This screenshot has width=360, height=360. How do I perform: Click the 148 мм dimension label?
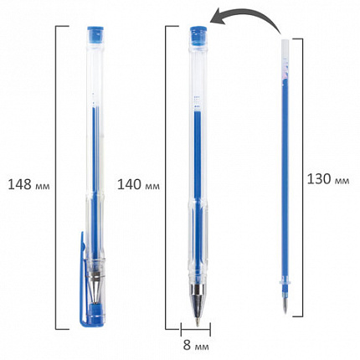[28, 185]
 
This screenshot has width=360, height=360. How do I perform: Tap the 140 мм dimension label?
[138, 185]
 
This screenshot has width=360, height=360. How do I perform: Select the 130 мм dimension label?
[328, 179]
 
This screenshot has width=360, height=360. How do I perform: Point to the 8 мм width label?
[196, 345]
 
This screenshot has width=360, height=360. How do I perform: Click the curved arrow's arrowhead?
[217, 19]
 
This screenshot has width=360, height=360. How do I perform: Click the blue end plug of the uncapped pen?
[198, 35]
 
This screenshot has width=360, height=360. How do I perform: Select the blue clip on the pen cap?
[83, 279]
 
